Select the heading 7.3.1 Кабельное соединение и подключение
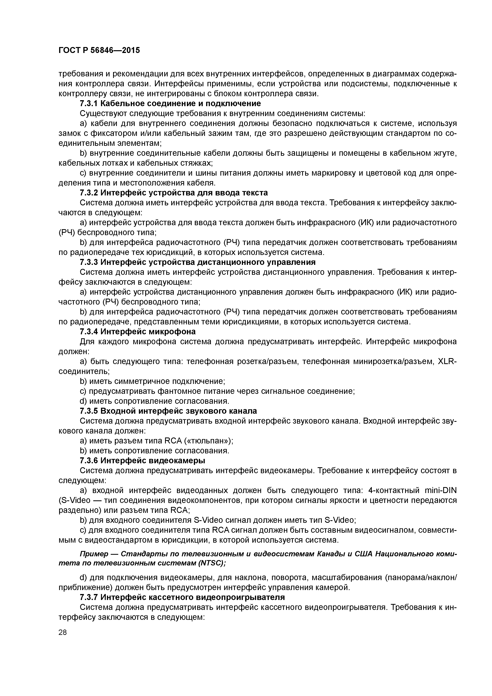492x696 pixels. [x=170, y=104]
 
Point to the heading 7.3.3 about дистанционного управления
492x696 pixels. [x=197, y=262]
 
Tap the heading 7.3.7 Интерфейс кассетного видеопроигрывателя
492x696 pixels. [x=182, y=597]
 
